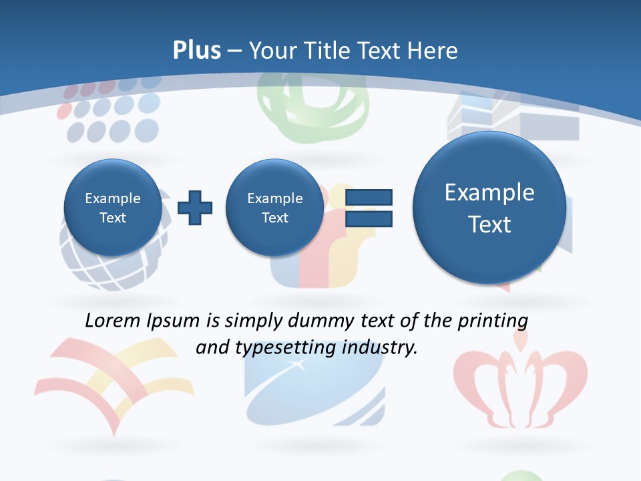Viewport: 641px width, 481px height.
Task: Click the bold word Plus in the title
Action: [x=196, y=51]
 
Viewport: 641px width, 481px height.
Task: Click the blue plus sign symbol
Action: [x=195, y=208]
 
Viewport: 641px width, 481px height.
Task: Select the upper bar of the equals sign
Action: [x=368, y=197]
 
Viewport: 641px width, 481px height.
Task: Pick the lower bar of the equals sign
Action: [x=368, y=218]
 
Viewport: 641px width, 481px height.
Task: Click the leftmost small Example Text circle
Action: [x=112, y=208]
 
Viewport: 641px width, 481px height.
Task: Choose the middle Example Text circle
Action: [x=274, y=208]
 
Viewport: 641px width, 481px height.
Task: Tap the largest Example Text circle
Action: [x=489, y=208]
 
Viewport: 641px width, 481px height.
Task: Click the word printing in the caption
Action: [x=493, y=321]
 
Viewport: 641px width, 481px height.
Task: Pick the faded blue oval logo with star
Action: [x=314, y=387]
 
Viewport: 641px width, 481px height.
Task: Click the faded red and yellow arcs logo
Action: [x=107, y=381]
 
